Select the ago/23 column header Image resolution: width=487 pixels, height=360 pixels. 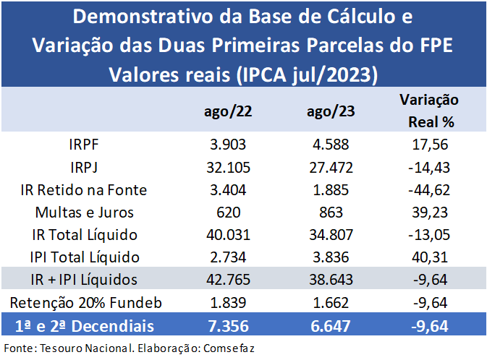pyautogui.click(x=330, y=112)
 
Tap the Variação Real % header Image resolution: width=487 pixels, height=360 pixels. pyautogui.click(x=429, y=111)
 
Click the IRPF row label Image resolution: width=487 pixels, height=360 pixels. pyautogui.click(x=85, y=145)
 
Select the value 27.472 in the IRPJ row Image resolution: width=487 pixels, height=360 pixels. pyautogui.click(x=330, y=168)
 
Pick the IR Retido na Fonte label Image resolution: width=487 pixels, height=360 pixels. pyautogui.click(x=85, y=190)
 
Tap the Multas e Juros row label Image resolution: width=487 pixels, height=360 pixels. pyautogui.click(x=85, y=213)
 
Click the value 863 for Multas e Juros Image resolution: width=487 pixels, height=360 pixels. pyautogui.click(x=330, y=213)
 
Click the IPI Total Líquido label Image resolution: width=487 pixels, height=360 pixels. pyautogui.click(x=85, y=257)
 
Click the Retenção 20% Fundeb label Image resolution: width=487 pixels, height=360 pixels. pyautogui.click(x=85, y=301)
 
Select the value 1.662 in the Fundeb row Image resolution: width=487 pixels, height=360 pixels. pyautogui.click(x=330, y=301)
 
